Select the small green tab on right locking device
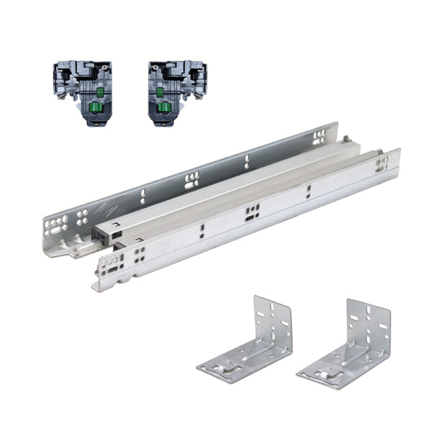(159, 91)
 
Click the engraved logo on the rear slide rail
(106, 210)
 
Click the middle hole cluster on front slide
(252, 212)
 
